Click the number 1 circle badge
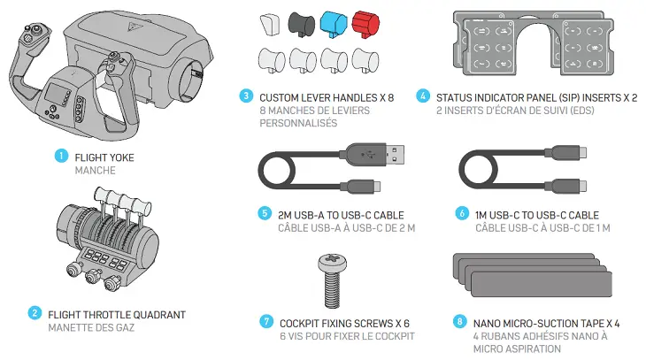click(61, 156)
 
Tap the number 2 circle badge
click(35, 313)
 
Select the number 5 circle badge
click(264, 213)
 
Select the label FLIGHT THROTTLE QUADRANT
click(117, 313)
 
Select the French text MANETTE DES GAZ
click(89, 326)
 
